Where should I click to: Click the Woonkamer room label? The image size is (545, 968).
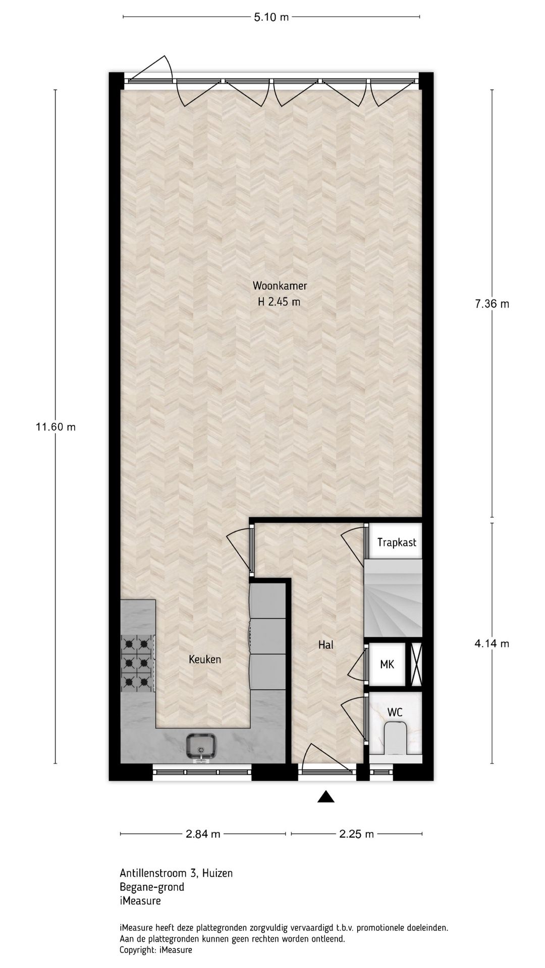point(280,286)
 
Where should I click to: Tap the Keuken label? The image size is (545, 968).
point(205,659)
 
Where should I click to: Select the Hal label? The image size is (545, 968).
point(325,644)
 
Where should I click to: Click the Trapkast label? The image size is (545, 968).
point(397,542)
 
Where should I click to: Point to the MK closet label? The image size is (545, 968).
point(387,664)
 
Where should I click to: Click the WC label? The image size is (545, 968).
point(395,712)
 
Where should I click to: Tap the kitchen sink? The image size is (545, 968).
point(201,746)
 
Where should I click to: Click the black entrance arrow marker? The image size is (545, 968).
point(326,796)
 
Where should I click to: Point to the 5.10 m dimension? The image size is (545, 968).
point(271,17)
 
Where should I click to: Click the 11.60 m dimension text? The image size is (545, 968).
point(56,427)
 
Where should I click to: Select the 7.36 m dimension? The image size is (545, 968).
point(492,304)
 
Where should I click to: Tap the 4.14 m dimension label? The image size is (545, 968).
point(492,643)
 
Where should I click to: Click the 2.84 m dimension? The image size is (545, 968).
point(203,834)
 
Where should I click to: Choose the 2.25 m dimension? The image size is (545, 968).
point(356,834)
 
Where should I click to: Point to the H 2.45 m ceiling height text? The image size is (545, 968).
point(279,302)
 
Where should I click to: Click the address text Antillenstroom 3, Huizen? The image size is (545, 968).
point(176,873)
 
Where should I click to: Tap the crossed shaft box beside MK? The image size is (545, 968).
point(415,664)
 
